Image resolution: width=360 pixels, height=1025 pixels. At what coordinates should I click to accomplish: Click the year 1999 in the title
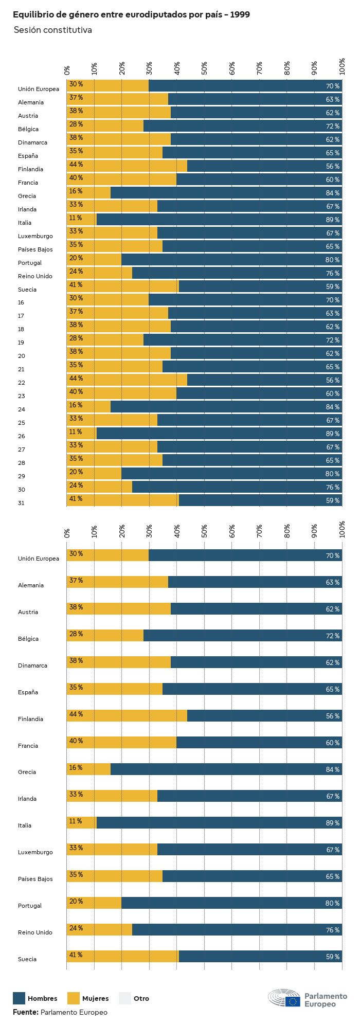tap(240, 15)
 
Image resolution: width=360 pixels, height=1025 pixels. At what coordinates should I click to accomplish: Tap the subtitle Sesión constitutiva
tap(53, 30)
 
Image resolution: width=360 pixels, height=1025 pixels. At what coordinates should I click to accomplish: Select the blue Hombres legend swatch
tap(19, 998)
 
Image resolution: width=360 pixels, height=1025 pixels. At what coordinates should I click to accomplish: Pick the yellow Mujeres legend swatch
tap(74, 998)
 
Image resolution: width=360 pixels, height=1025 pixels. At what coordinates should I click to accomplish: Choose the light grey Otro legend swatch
tap(125, 998)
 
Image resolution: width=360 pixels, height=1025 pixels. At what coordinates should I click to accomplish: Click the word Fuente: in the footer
tap(26, 1012)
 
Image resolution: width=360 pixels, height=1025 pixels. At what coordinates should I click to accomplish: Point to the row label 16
tap(21, 302)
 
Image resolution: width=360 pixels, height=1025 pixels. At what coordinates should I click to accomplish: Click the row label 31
tap(21, 503)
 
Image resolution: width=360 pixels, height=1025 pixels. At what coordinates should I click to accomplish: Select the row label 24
tap(21, 409)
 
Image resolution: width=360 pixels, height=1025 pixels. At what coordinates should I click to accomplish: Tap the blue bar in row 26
tap(216, 434)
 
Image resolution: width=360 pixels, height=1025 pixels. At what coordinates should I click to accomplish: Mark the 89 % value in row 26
tap(332, 434)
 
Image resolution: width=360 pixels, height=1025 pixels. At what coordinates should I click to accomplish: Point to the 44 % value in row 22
tap(76, 379)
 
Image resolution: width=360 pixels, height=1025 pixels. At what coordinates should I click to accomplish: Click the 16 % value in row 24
tap(76, 405)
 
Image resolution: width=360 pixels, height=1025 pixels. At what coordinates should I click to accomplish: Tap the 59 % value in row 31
tap(332, 501)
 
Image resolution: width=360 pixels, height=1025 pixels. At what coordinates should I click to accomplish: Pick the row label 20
tap(21, 356)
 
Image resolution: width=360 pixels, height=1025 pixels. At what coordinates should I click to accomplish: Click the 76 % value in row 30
tap(332, 488)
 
